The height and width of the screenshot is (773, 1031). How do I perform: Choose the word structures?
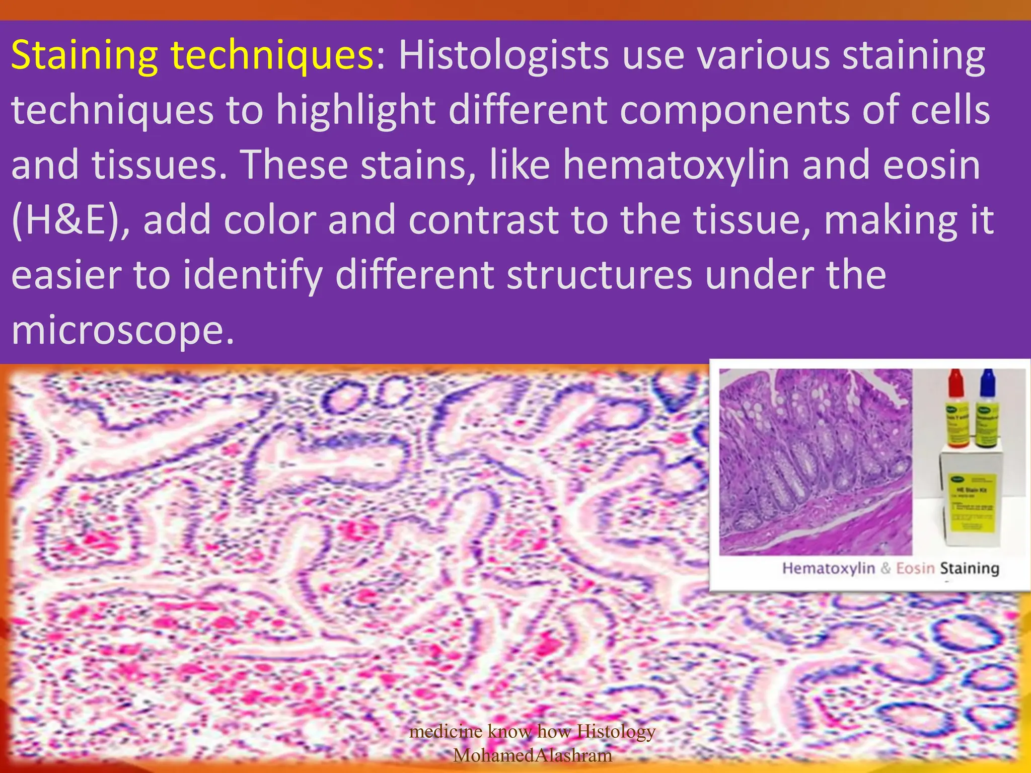pyautogui.click(x=599, y=275)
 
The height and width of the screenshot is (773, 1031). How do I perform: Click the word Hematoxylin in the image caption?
pyautogui.click(x=828, y=568)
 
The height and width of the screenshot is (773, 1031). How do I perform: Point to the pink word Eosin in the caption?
pyautogui.click(x=915, y=568)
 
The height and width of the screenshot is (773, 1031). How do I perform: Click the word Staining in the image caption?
pyautogui.click(x=970, y=568)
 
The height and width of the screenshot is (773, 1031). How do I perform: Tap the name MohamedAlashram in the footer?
pyautogui.click(x=533, y=755)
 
